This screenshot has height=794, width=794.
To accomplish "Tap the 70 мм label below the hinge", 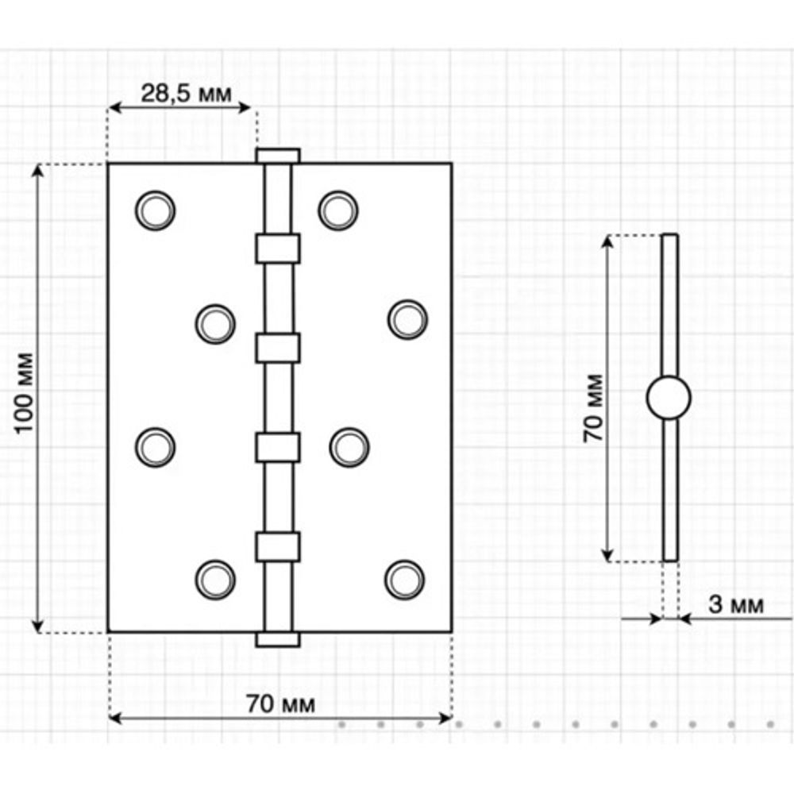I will (280, 703).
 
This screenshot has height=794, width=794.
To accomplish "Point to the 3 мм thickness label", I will (735, 605).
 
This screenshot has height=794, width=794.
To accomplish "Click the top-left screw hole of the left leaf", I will (155, 210).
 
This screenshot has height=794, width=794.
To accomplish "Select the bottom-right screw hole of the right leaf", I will (404, 580).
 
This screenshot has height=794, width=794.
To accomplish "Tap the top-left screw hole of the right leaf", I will (338, 210).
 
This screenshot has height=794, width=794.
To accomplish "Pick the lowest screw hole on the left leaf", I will (215, 580).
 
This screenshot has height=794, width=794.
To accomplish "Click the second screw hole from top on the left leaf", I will (215, 324).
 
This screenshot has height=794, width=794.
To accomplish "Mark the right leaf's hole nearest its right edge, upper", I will (407, 319).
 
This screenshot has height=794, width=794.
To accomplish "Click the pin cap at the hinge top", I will (277, 155).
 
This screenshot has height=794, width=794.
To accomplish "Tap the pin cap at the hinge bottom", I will (277, 639).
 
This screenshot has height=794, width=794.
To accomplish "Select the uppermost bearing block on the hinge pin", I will (277, 249).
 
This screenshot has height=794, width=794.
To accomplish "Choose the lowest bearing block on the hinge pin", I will (277, 546).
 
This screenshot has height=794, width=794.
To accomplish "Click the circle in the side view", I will (669, 398).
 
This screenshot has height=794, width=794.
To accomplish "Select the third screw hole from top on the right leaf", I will (349, 447).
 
